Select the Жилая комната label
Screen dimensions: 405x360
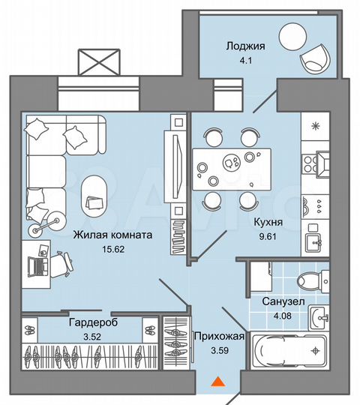click(112, 235)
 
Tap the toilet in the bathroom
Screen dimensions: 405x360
click(309, 282)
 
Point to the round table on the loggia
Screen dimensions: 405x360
click(291, 34)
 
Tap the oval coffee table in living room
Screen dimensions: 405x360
click(94, 193)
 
